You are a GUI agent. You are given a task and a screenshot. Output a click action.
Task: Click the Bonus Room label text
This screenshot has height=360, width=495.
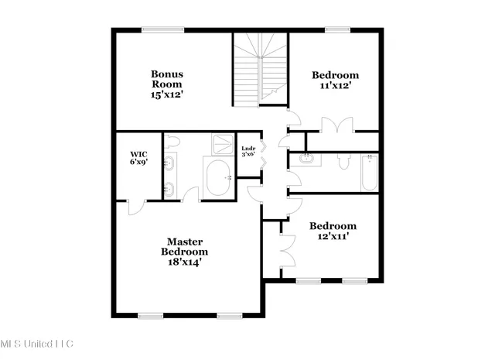point(166,79)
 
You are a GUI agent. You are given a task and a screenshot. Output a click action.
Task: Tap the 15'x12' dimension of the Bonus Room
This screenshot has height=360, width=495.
point(166,94)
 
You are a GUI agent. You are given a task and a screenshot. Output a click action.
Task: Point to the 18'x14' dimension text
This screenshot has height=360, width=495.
point(184,262)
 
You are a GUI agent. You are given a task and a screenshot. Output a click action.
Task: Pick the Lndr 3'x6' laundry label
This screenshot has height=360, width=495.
point(248,150)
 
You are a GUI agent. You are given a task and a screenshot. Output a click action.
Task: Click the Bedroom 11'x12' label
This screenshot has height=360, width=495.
point(335,81)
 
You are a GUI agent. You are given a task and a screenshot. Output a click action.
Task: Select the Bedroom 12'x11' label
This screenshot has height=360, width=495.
point(333,231)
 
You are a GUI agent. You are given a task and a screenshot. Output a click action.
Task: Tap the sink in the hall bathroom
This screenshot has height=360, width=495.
point(308,158)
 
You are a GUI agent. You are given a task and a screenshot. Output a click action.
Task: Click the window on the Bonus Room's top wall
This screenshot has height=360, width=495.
point(163,30)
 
